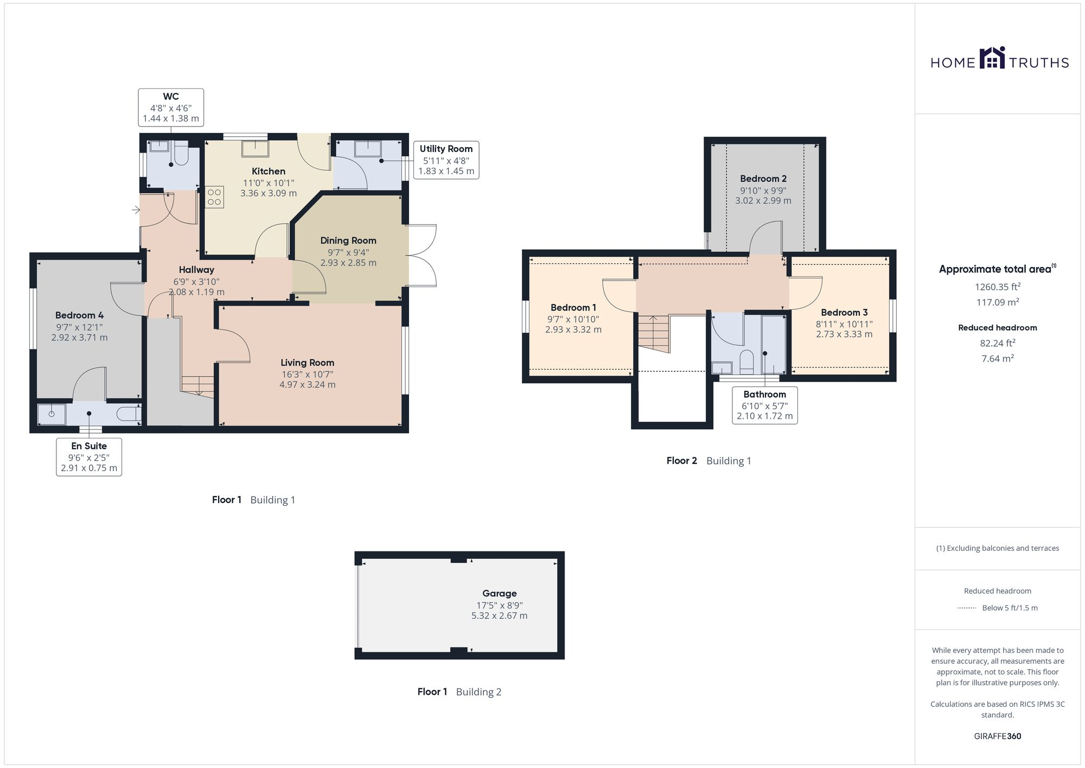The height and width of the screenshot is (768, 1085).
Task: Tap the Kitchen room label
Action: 269,172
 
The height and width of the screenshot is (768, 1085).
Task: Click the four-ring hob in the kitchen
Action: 214,197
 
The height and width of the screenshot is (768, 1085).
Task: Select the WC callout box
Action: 171,107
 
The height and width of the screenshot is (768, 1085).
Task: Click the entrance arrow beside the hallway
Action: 136,210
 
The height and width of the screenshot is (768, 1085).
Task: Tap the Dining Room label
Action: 348,240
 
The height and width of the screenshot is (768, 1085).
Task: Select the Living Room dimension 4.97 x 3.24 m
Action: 307,385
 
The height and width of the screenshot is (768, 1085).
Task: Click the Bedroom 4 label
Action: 79,315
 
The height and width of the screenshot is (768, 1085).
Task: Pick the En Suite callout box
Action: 89,457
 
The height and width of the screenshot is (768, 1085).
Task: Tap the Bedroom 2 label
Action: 763,179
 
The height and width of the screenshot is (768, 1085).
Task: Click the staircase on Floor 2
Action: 653,333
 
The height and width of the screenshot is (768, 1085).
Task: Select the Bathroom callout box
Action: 764,405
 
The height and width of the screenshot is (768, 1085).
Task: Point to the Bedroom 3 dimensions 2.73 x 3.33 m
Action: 844,334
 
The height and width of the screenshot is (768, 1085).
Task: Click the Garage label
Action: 499,593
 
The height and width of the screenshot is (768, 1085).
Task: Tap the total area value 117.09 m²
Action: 997,302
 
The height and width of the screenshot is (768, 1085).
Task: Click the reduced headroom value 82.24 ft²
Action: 997,343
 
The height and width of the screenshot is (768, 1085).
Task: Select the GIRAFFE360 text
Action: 997,736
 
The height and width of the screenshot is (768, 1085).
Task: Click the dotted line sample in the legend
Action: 967,608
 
